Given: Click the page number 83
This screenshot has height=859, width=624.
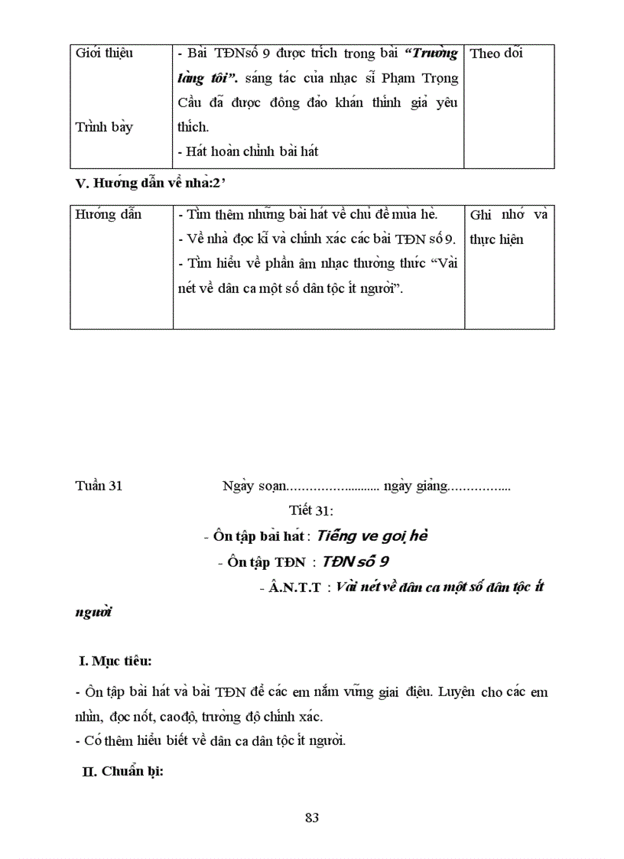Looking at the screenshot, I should click(x=311, y=818).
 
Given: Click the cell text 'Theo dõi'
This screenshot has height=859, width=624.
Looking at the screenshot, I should click(x=496, y=54).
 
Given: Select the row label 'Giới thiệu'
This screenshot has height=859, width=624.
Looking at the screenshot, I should click(x=104, y=54).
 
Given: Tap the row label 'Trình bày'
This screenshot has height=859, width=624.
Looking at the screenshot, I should click(x=104, y=127).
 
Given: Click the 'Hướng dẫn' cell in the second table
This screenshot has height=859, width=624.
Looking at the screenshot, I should click(x=108, y=215).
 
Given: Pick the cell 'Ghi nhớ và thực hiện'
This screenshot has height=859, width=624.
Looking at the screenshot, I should click(x=509, y=227).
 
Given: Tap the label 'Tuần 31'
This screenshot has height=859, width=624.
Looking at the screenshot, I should click(x=99, y=486).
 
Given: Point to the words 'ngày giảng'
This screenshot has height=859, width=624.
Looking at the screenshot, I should click(x=414, y=486).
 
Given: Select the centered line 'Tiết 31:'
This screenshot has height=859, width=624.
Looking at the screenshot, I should click(x=311, y=510).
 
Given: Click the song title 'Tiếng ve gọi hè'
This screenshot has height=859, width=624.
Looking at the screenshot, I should click(x=372, y=535).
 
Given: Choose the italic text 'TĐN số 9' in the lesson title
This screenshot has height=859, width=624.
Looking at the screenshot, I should click(x=356, y=561).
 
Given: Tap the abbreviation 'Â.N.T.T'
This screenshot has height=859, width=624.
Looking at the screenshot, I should click(x=290, y=587).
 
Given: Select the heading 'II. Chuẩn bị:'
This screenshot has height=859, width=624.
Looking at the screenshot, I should click(x=123, y=771).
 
